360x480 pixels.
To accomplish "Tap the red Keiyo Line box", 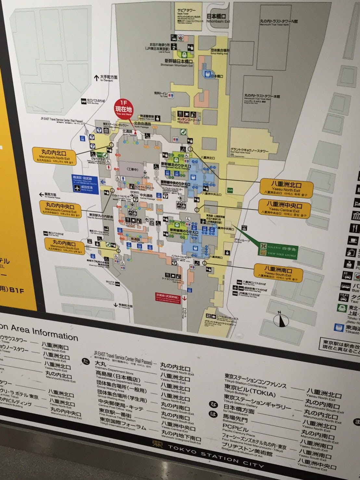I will click(x=167, y=298).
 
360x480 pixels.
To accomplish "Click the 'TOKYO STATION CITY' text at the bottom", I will click(x=216, y=454).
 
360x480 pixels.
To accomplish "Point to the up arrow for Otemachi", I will click(x=96, y=78).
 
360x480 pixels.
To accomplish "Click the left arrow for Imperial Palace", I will click(x=41, y=195).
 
